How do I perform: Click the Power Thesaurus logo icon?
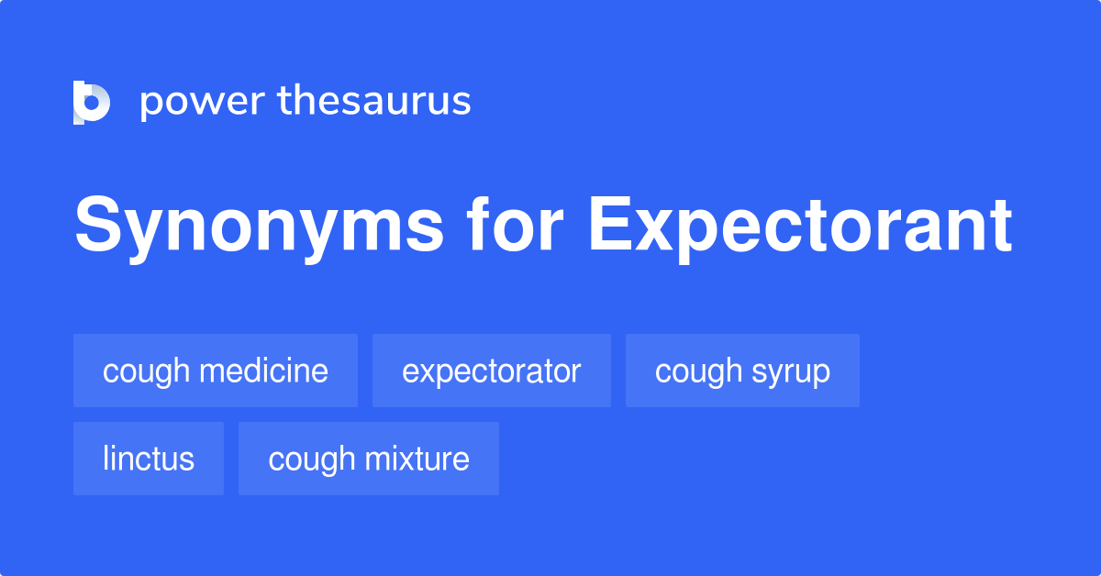click(92, 102)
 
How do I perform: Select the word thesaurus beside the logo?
click(374, 101)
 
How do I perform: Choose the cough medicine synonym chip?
click(216, 371)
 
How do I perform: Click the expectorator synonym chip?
click(491, 371)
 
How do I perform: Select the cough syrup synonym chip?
click(742, 371)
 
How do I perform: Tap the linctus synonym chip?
click(149, 459)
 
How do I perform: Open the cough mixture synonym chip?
click(369, 459)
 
